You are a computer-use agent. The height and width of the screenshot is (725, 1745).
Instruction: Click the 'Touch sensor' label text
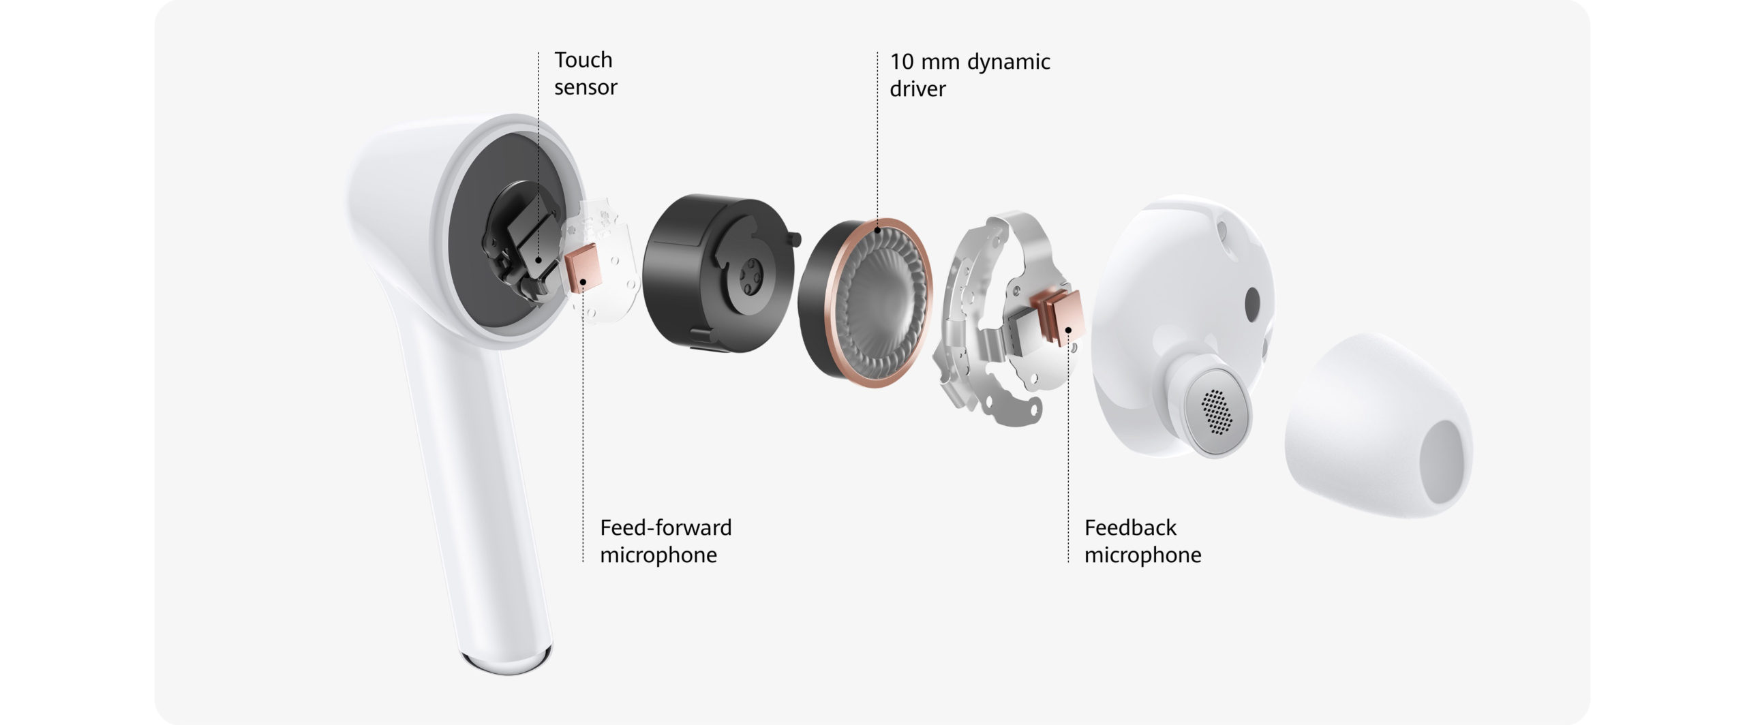(x=585, y=74)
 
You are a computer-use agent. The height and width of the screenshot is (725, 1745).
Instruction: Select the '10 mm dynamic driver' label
(x=969, y=75)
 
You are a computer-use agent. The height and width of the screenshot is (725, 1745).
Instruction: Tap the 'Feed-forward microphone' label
(x=665, y=541)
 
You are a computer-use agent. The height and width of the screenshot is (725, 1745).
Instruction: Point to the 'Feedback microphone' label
(x=1142, y=541)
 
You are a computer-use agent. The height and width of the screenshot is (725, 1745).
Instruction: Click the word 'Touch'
(x=583, y=60)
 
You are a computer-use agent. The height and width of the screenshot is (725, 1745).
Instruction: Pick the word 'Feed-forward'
(x=665, y=527)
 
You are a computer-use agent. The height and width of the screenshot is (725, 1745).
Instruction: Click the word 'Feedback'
(x=1130, y=527)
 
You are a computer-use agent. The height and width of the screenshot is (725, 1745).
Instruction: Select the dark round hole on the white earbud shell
(x=1252, y=303)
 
